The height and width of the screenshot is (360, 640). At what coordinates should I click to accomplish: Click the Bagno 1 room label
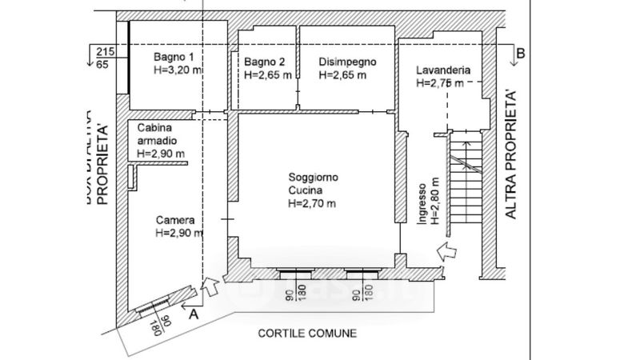[x=174, y=58]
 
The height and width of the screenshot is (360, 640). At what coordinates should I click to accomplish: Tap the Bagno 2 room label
[x=265, y=62]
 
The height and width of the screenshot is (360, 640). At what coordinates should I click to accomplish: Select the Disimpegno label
[x=347, y=62]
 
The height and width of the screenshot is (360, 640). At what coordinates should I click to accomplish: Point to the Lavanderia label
[x=443, y=70]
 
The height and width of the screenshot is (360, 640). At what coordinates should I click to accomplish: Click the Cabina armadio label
[x=160, y=134]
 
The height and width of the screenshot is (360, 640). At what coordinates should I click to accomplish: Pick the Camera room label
[x=175, y=220]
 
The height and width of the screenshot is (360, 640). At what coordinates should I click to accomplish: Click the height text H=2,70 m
[x=311, y=204]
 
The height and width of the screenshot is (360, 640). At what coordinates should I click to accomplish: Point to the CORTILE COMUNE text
[x=306, y=333]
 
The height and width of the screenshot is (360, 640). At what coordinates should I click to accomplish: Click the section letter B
[x=521, y=53]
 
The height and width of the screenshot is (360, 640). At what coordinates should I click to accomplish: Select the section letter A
[x=191, y=314]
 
